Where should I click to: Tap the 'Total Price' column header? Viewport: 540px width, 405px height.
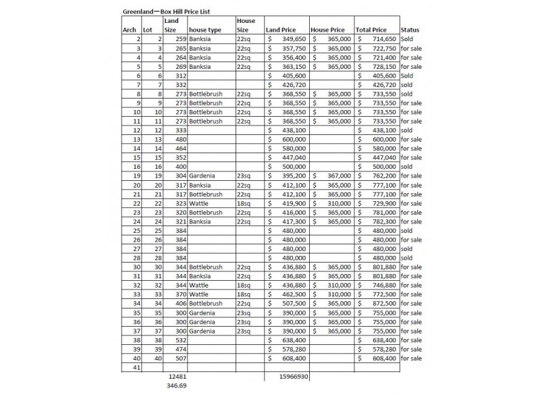pos(371,30)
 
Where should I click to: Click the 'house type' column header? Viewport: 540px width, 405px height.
pos(205,30)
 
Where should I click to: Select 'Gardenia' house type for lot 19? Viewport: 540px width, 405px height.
pos(202,175)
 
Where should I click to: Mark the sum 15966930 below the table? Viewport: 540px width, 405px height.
pos(294,377)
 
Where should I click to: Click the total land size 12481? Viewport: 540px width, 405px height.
pos(177,377)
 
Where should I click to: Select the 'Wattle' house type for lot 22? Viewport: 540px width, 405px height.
pos(199,203)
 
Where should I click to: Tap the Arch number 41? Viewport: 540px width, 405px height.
pos(135,368)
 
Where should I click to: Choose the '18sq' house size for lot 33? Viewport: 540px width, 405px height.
pos(244,294)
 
